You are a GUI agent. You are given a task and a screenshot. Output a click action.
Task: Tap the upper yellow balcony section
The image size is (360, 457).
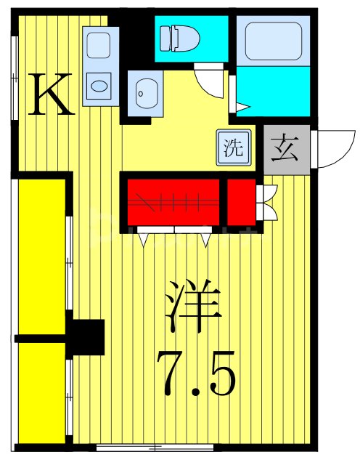click(42, 258)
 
